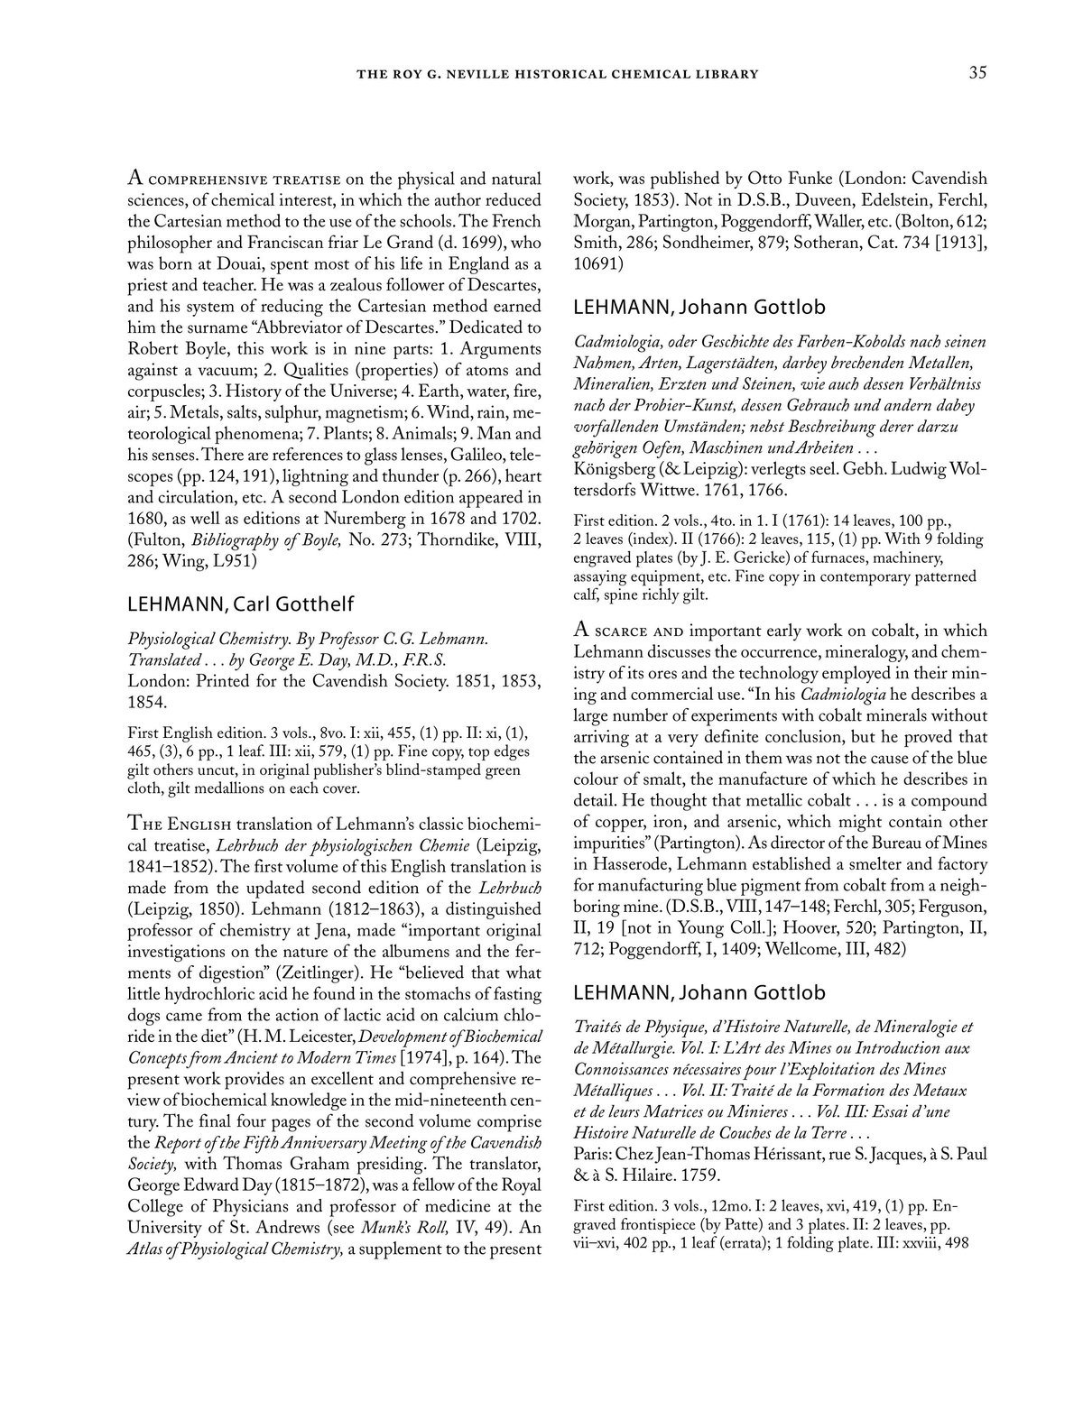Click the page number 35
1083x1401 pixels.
point(977,73)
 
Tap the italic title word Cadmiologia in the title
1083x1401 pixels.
point(616,342)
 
